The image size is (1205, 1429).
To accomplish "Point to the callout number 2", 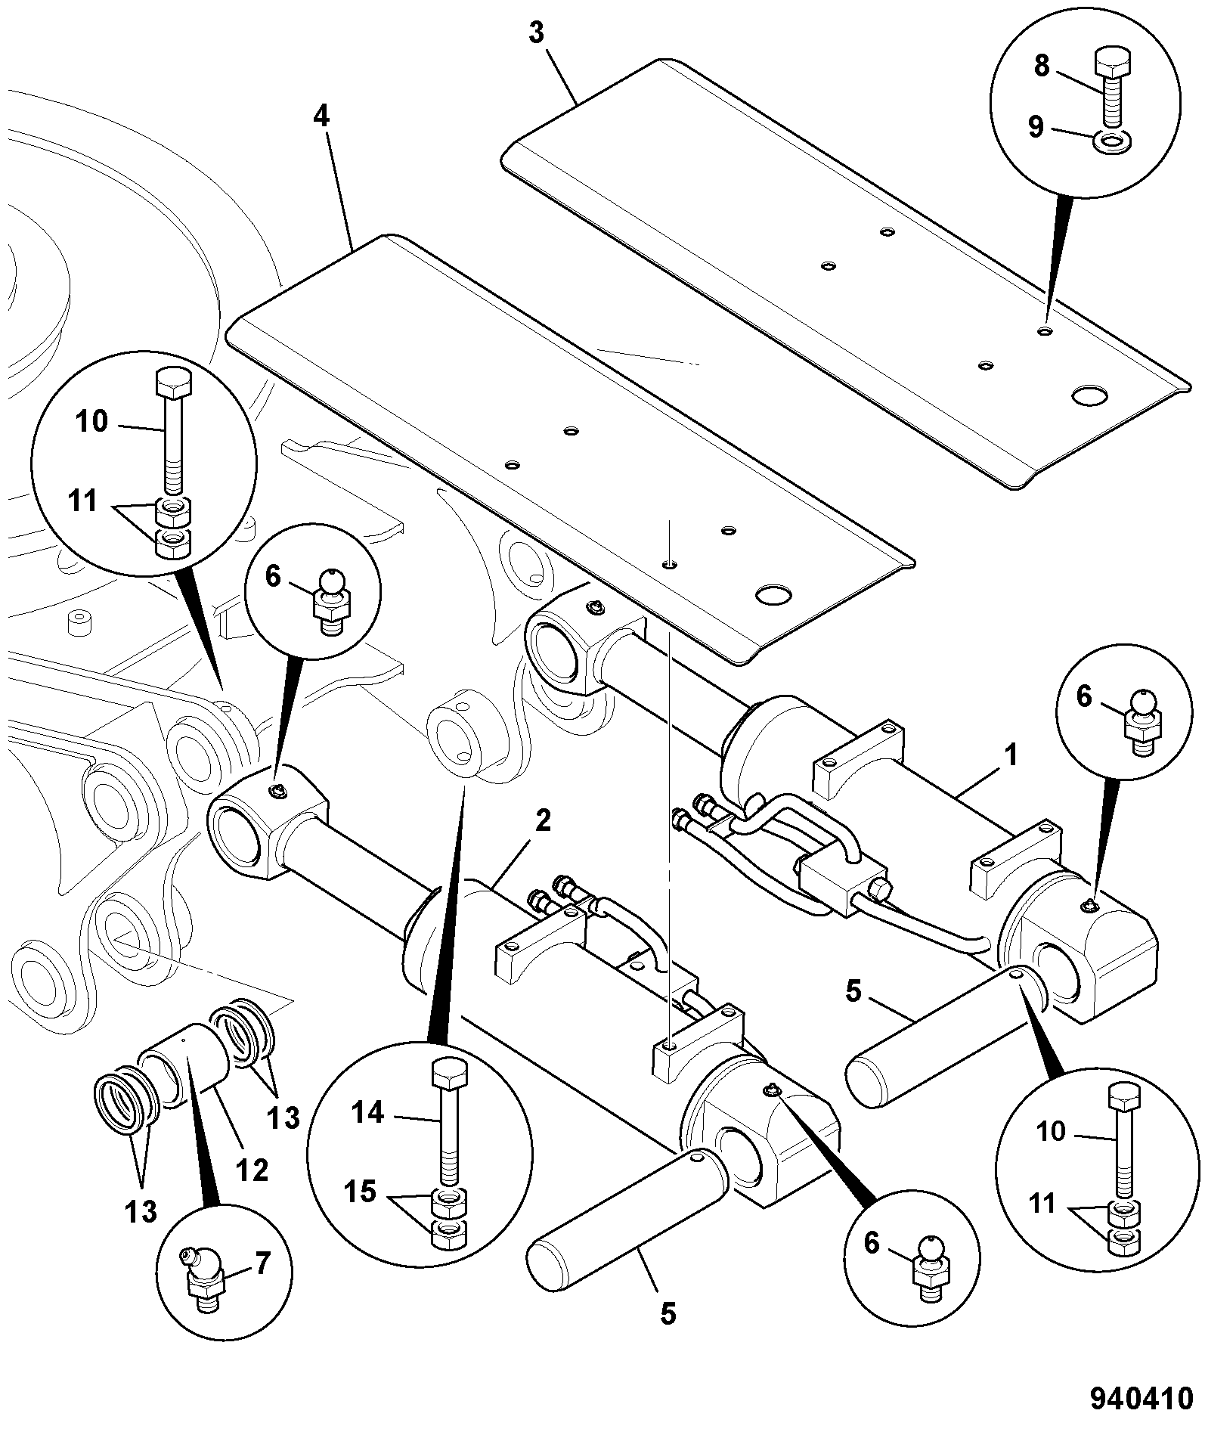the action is pyautogui.click(x=544, y=822).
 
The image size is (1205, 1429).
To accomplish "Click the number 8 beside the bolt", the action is pyautogui.click(x=1042, y=67).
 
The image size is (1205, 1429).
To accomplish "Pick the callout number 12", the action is pyautogui.click(x=252, y=1170).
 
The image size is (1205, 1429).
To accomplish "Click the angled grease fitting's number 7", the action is pyautogui.click(x=261, y=1263).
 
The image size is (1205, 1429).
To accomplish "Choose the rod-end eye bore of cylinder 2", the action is pyautogui.click(x=237, y=835).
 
